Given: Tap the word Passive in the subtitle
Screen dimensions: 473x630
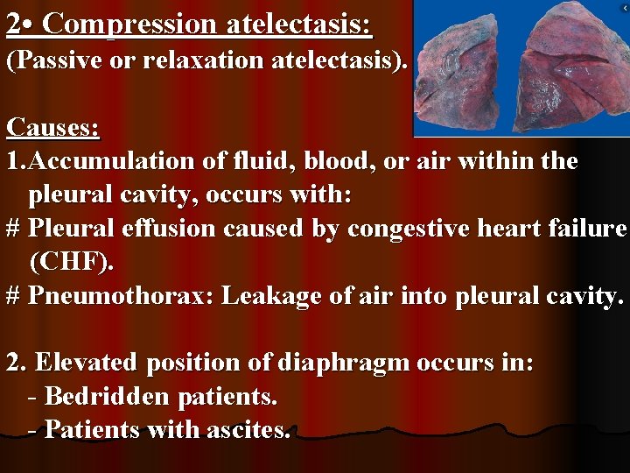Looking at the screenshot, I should (53, 62).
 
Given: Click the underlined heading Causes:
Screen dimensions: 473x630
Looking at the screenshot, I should (52, 128).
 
